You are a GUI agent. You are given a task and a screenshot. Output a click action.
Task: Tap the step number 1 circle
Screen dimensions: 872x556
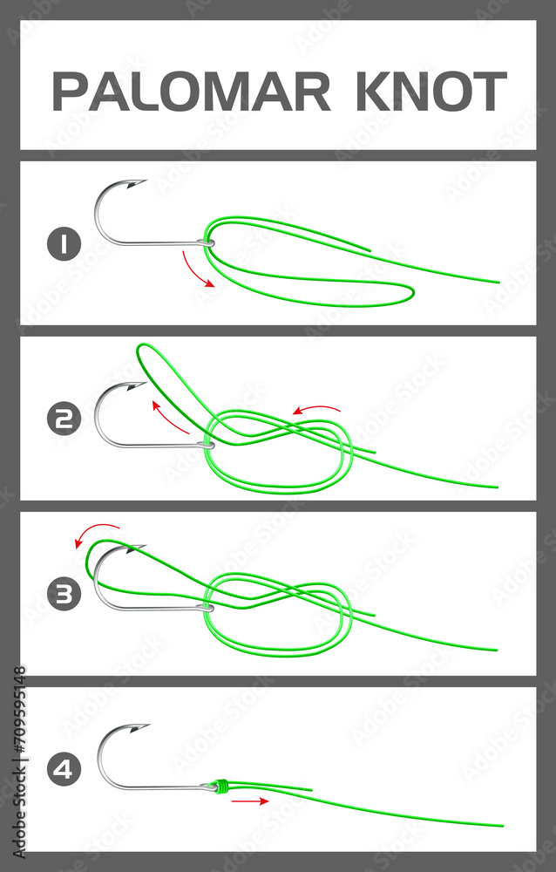coord(63,244)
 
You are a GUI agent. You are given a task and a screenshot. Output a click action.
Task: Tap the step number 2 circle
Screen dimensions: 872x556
coord(63,419)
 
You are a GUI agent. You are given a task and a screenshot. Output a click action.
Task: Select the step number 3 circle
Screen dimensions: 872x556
coord(63,596)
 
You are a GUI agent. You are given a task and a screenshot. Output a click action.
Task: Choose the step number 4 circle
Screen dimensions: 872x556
coord(63,770)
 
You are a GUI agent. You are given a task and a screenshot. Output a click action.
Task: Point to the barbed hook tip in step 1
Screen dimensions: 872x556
coord(137,184)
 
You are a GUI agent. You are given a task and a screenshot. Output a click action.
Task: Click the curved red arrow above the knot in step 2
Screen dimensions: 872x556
coord(315,409)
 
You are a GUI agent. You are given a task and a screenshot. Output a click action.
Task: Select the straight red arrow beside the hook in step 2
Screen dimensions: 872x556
coord(171,418)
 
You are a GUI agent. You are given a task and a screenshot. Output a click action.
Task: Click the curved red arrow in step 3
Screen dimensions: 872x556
coord(96,531)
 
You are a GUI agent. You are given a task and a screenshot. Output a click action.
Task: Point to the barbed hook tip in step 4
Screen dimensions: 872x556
coord(139,726)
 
